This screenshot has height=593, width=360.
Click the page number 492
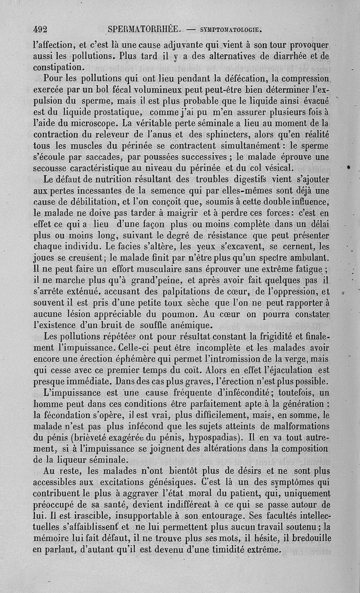point(40,30)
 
